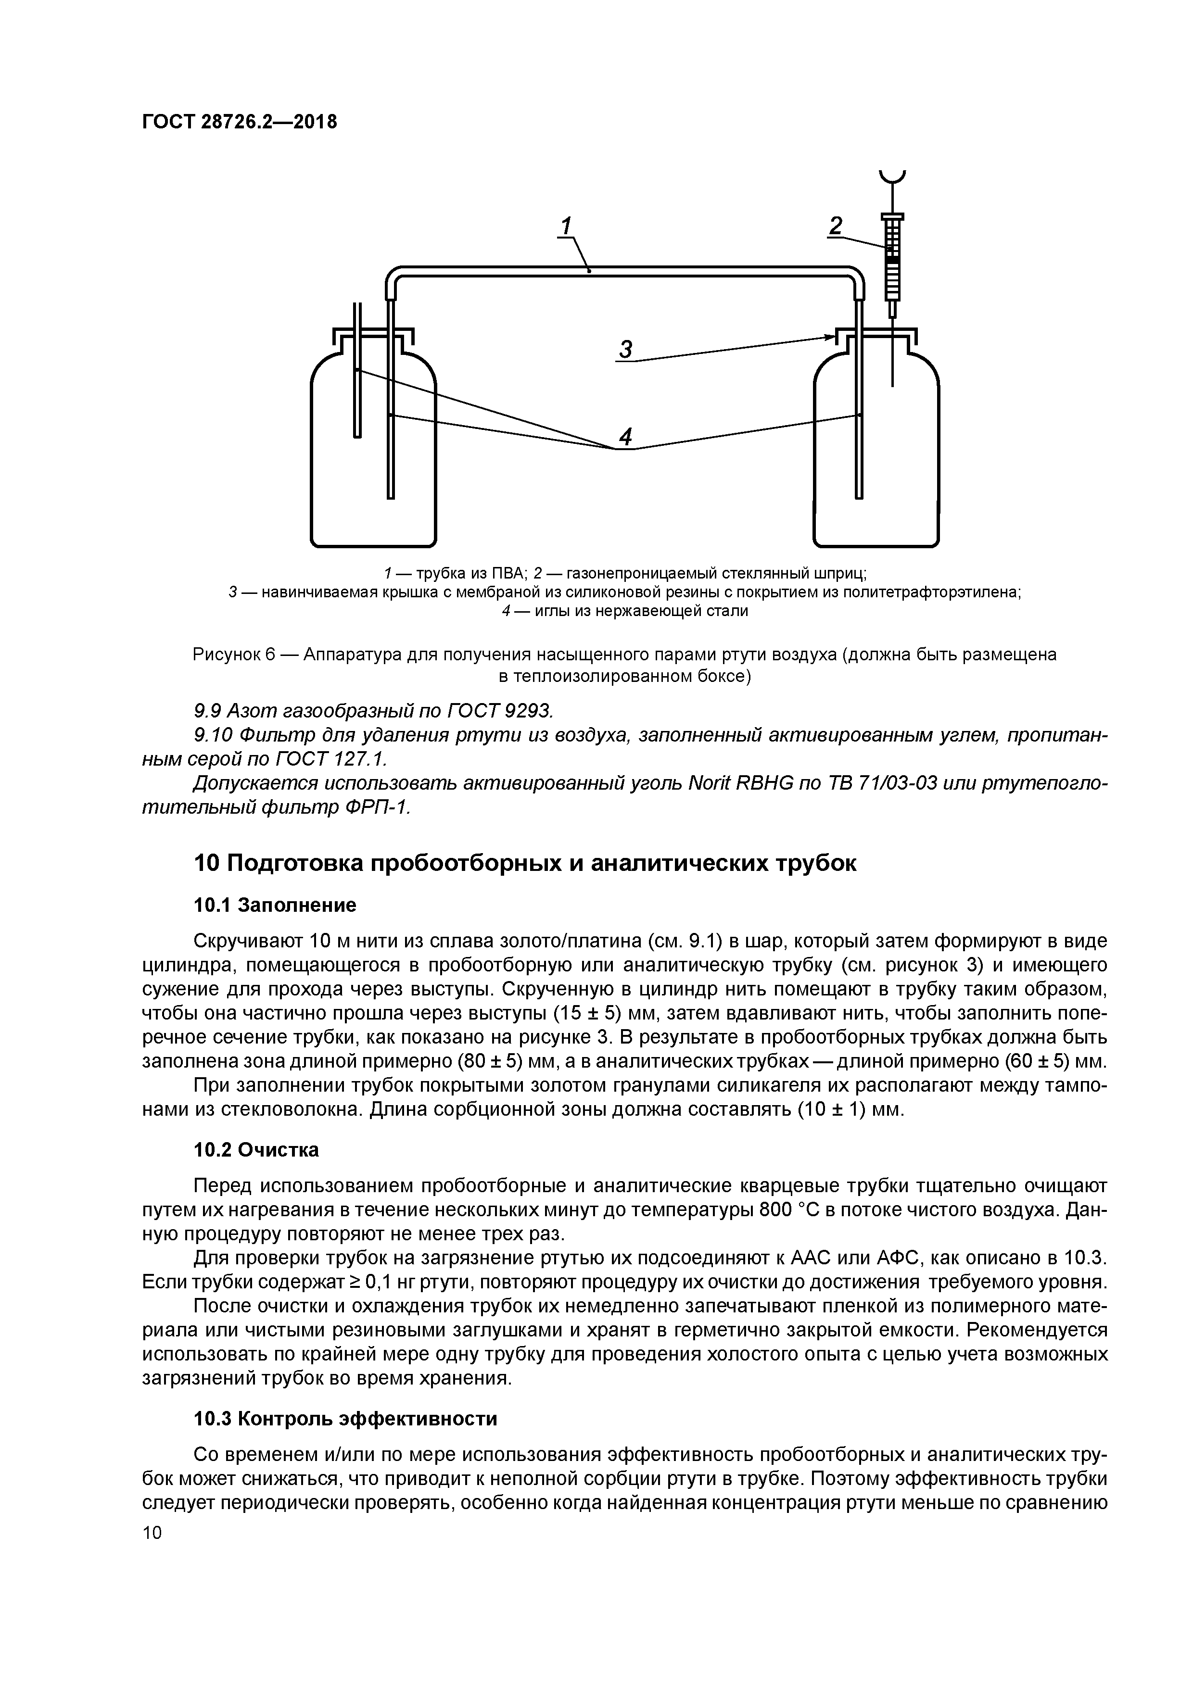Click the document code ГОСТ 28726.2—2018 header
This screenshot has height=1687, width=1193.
(x=239, y=122)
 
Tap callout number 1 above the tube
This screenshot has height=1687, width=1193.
(x=566, y=227)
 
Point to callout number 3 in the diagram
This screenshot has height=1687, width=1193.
(x=625, y=350)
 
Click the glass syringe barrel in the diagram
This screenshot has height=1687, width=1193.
(x=892, y=268)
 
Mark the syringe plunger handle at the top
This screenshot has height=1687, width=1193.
(x=892, y=176)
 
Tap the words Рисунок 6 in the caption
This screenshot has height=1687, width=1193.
(x=234, y=655)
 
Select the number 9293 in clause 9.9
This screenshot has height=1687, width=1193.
(x=523, y=711)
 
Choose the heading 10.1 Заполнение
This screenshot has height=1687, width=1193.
(x=275, y=905)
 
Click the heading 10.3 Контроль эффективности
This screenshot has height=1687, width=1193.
(x=345, y=1419)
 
